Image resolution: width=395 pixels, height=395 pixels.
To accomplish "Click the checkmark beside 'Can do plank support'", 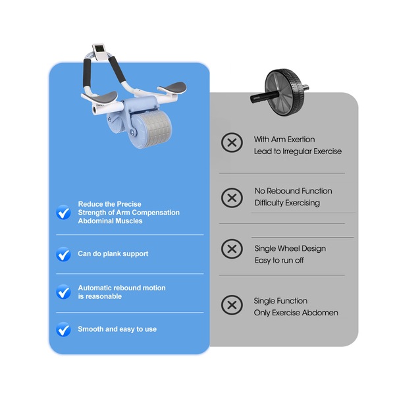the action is click(x=63, y=254).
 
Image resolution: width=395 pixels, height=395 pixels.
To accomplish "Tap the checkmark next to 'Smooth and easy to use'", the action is click(x=63, y=329).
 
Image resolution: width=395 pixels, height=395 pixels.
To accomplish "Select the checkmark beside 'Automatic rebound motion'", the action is click(x=63, y=292).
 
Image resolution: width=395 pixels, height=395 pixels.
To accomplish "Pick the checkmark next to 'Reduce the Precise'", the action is click(x=63, y=212).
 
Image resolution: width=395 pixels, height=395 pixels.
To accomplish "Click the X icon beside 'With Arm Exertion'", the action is click(x=232, y=143).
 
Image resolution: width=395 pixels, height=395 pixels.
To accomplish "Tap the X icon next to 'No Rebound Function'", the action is click(x=232, y=197).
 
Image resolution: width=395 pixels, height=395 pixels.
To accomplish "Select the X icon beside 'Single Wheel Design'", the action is click(x=232, y=249).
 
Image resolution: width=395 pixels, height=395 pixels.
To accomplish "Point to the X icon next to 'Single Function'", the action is click(x=232, y=305).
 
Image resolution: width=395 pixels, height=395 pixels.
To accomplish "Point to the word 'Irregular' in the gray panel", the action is click(x=297, y=151).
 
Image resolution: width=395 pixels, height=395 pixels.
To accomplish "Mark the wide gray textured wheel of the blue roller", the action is click(x=155, y=131).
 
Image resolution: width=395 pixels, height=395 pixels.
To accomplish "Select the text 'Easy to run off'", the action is click(x=279, y=260).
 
